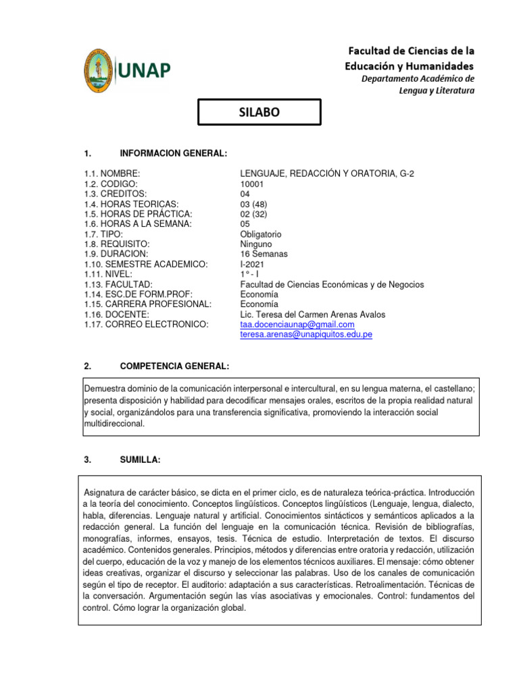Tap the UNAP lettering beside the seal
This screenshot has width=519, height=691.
(x=146, y=70)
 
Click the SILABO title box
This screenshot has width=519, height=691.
(x=259, y=112)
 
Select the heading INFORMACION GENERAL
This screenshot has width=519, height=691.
(x=173, y=154)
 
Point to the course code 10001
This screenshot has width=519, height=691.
(x=253, y=184)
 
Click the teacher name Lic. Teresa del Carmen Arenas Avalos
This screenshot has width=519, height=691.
(x=314, y=314)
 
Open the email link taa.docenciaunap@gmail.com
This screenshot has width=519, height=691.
(x=297, y=325)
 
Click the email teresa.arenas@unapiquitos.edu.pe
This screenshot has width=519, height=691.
(x=306, y=334)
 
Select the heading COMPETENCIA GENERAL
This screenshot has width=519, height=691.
(x=174, y=366)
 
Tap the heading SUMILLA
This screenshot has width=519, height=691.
(x=140, y=460)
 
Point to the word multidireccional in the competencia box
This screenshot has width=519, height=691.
(x=114, y=424)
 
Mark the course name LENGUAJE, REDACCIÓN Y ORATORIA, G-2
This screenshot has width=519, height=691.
(x=327, y=174)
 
